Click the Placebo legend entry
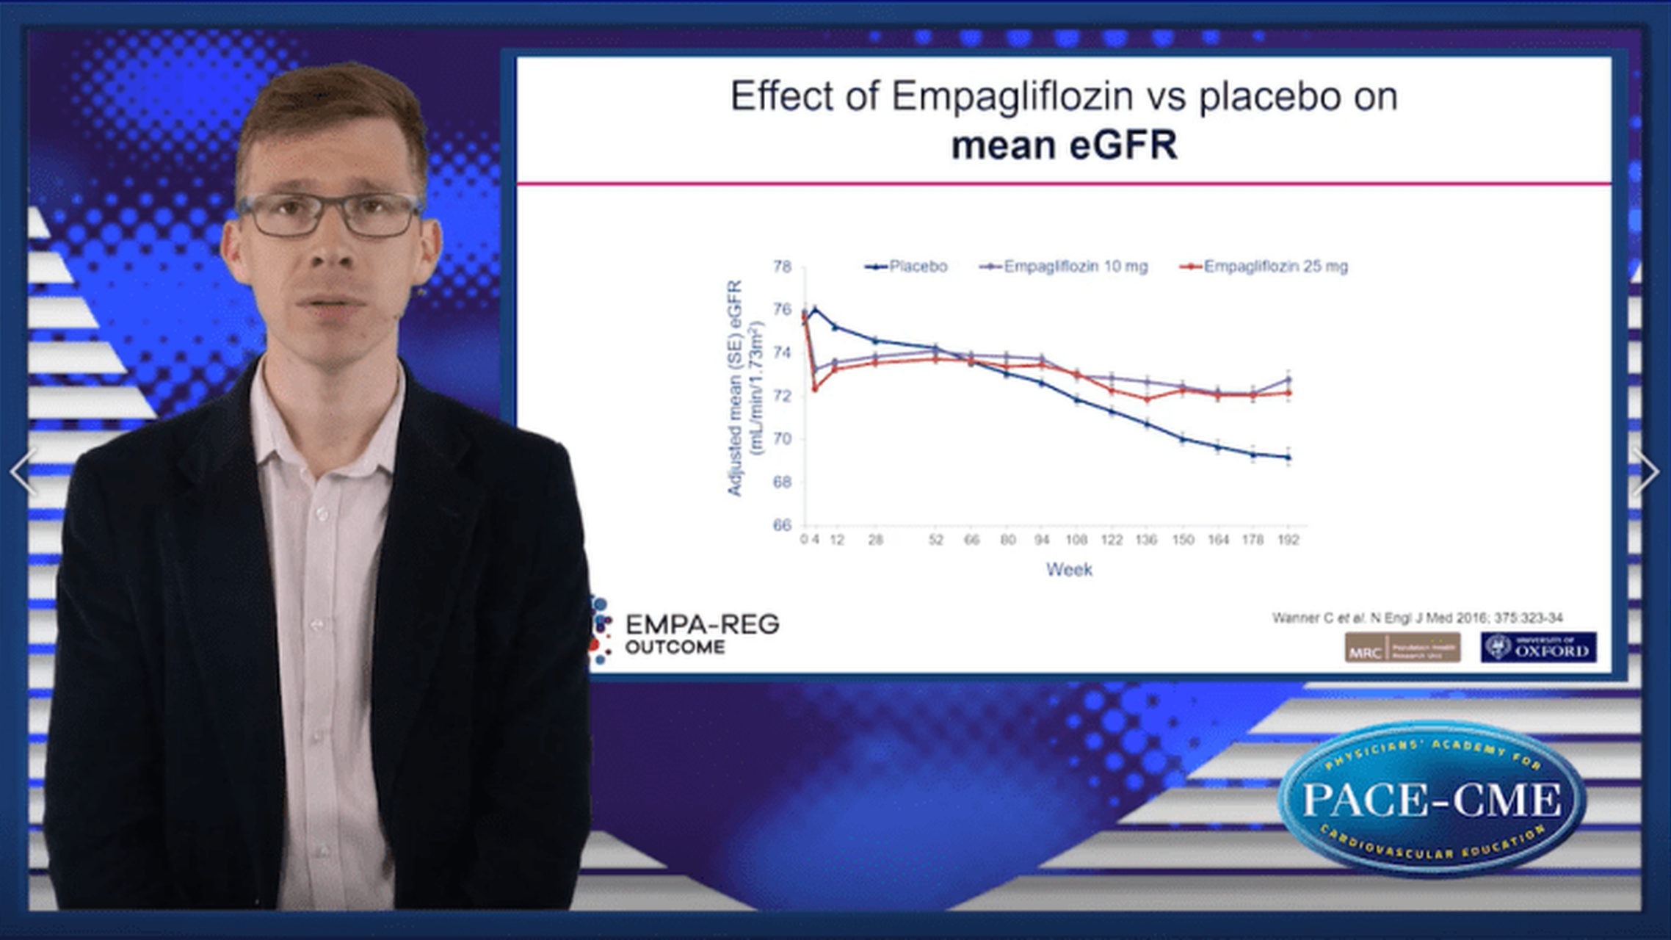(907, 267)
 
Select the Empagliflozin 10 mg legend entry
(1065, 267)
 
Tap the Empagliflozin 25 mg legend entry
(1264, 267)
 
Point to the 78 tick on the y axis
(782, 267)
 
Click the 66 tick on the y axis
(782, 525)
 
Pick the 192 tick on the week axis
(1288, 540)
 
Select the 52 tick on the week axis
(935, 540)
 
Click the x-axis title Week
(1069, 570)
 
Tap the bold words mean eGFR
(1064, 145)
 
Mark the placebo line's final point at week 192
(1288, 458)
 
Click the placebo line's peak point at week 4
(813, 310)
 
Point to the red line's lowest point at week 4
(814, 388)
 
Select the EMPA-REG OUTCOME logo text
(701, 634)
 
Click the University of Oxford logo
(1538, 648)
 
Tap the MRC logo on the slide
(1402, 648)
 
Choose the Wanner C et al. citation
(1417, 618)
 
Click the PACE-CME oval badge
(1432, 799)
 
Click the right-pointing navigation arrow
(1647, 471)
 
